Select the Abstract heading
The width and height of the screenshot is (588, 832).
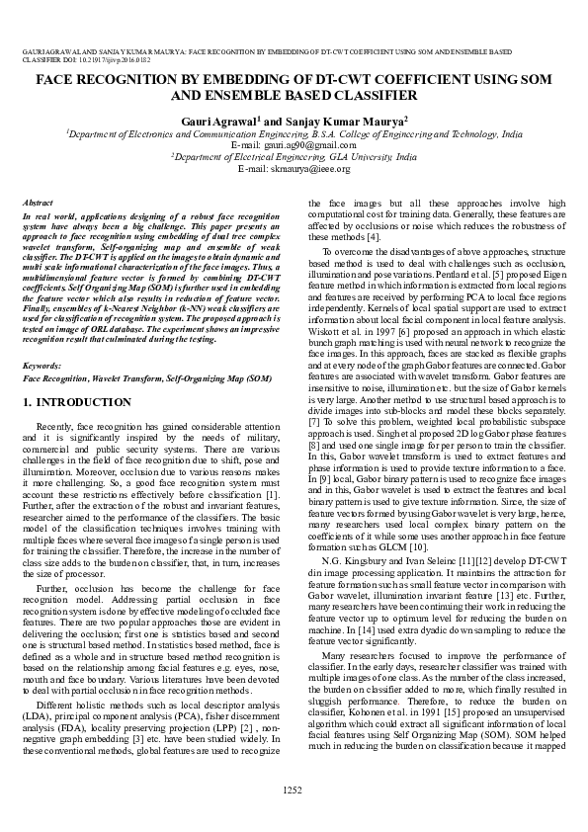(37, 201)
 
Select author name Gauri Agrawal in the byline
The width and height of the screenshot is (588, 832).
(219, 119)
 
